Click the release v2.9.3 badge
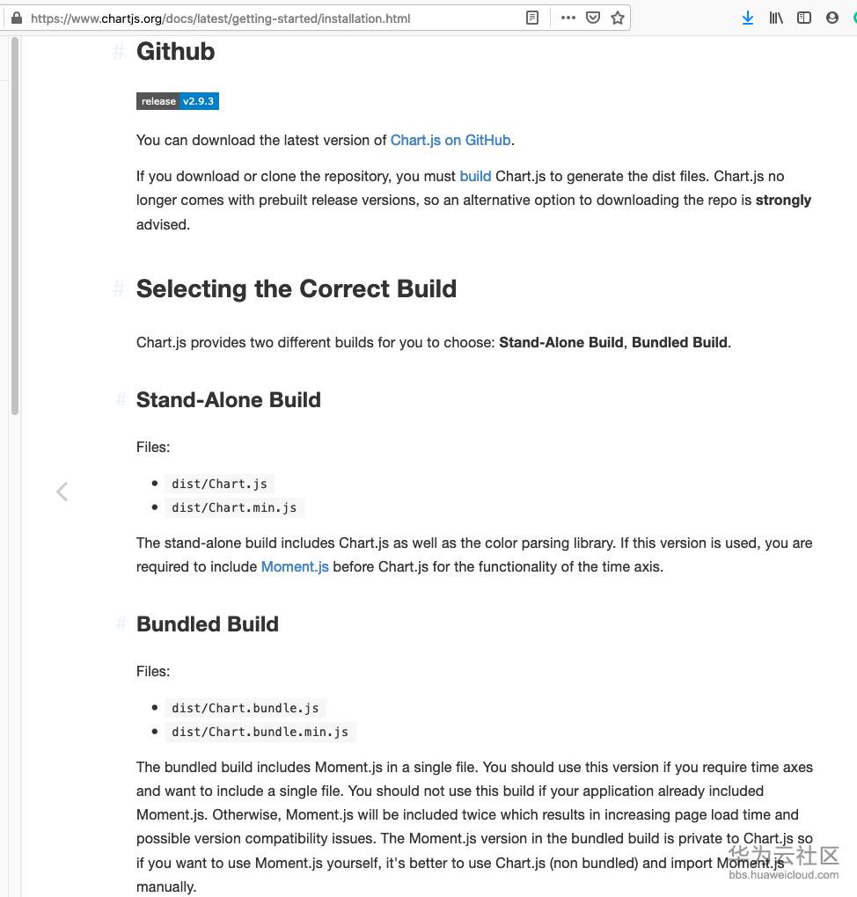pyautogui.click(x=177, y=101)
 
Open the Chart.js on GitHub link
pyautogui.click(x=450, y=140)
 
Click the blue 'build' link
pyautogui.click(x=475, y=176)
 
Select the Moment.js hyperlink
pyautogui.click(x=295, y=566)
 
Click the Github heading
pyautogui.click(x=175, y=52)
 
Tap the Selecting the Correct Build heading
pyautogui.click(x=296, y=289)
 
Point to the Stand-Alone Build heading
pyautogui.click(x=228, y=400)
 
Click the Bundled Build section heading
pyautogui.click(x=207, y=624)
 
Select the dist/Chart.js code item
pyautogui.click(x=219, y=484)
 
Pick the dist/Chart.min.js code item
pyautogui.click(x=234, y=507)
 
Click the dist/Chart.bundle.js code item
pyautogui.click(x=245, y=708)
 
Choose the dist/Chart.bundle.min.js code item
pyautogui.click(x=260, y=732)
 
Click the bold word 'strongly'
pyautogui.click(x=783, y=200)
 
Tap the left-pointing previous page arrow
pyautogui.click(x=62, y=492)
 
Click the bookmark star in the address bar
pyautogui.click(x=618, y=18)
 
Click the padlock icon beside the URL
pyautogui.click(x=16, y=18)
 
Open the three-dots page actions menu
pyautogui.click(x=568, y=18)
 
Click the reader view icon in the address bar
pyautogui.click(x=532, y=18)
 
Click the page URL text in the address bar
pyautogui.click(x=220, y=18)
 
